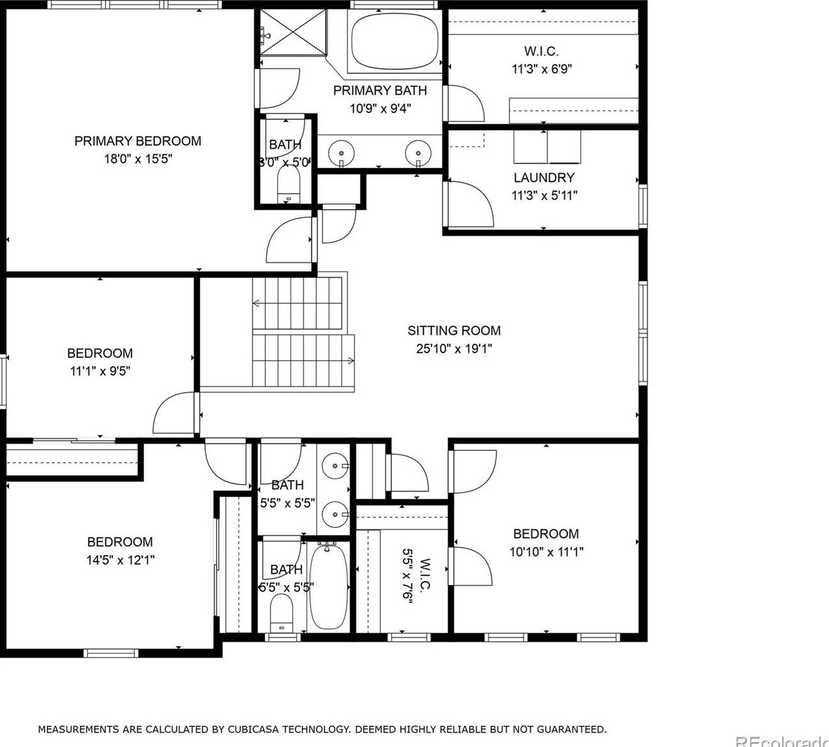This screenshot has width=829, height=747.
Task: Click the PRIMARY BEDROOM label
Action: tap(138, 141)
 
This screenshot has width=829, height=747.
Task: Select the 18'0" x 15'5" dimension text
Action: tap(138, 159)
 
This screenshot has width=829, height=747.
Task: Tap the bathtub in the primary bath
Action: tap(394, 41)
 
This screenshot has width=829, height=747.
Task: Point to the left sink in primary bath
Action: tap(341, 153)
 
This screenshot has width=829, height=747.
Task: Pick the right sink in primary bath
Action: tap(418, 153)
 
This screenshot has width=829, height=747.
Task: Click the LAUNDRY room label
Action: tap(544, 178)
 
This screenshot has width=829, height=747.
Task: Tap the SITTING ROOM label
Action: tap(454, 331)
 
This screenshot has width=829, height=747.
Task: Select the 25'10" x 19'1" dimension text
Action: tap(454, 349)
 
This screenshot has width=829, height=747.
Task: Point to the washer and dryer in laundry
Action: tap(547, 147)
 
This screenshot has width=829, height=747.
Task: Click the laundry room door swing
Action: tap(469, 204)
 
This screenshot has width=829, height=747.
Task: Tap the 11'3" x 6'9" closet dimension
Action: tap(542, 69)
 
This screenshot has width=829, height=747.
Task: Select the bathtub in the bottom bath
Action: tap(328, 587)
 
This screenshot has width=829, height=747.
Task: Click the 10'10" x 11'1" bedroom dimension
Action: tap(546, 552)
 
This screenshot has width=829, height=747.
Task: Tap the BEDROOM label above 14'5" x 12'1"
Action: tap(120, 542)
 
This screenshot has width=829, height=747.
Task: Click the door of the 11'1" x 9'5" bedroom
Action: tap(175, 414)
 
